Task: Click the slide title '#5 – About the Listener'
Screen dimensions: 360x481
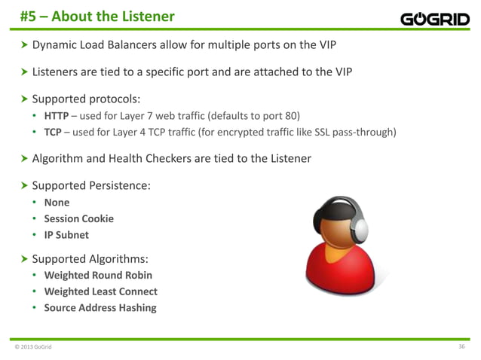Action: click(x=97, y=16)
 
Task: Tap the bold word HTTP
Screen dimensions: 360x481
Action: click(x=57, y=115)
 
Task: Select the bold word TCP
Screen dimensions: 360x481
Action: click(x=54, y=133)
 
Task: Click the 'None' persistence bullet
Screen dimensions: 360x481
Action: click(x=57, y=202)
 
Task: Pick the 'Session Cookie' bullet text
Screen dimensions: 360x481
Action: click(x=78, y=218)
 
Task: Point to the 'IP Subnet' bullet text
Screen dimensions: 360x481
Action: click(x=66, y=235)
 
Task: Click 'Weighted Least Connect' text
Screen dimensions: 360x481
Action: click(x=100, y=291)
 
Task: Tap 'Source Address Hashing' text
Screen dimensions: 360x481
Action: click(x=100, y=308)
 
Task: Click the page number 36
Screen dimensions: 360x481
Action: click(x=461, y=346)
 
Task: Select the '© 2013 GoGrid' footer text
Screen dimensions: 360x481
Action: click(x=34, y=346)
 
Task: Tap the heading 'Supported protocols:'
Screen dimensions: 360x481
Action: click(x=86, y=98)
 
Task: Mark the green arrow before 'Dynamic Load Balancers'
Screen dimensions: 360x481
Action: click(x=23, y=46)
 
